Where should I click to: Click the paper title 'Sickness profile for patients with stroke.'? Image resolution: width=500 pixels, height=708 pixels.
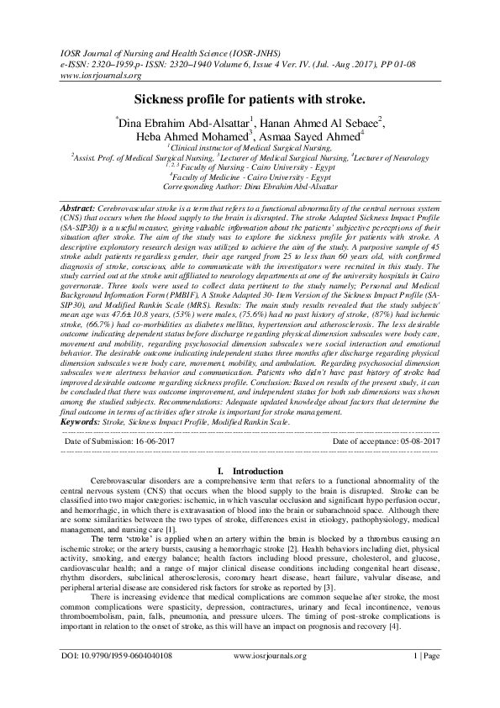click(250, 99)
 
